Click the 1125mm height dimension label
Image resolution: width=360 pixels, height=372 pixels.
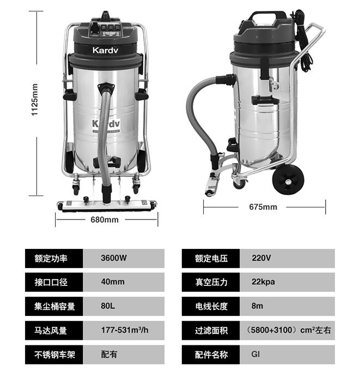pyautogui.click(x=35, y=100)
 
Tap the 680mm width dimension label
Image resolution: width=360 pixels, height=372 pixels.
pyautogui.click(x=105, y=219)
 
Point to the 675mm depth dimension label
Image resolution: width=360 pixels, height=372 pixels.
pyautogui.click(x=263, y=207)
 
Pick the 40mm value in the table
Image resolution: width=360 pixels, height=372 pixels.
pyautogui.click(x=113, y=282)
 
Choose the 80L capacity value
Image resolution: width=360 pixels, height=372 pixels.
pyautogui.click(x=108, y=306)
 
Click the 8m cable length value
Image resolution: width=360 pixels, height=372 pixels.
pyautogui.click(x=257, y=306)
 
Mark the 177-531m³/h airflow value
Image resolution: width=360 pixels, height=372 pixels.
pyautogui.click(x=125, y=330)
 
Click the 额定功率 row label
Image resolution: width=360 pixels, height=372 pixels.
pyautogui.click(x=51, y=258)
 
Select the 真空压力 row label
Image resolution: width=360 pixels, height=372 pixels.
pyautogui.click(x=211, y=282)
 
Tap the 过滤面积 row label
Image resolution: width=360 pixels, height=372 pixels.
pyautogui.click(x=211, y=331)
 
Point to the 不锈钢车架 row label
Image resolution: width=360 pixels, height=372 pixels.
pyautogui.click(x=54, y=355)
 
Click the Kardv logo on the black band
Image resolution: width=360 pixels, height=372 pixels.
pyautogui.click(x=105, y=50)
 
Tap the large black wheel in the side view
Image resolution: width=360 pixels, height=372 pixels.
pyautogui.click(x=288, y=180)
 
